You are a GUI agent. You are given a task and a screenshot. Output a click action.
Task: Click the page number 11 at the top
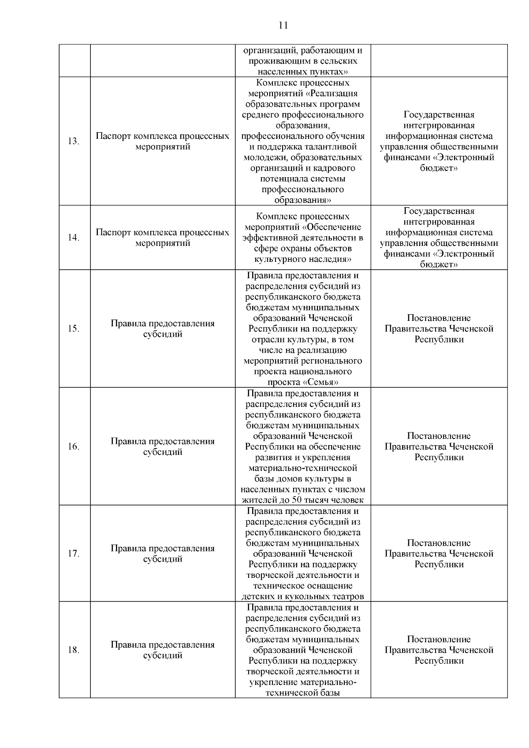283,25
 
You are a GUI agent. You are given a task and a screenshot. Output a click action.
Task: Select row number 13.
73,141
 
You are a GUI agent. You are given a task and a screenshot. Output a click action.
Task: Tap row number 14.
73,238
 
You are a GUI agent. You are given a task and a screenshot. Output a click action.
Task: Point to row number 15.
73,329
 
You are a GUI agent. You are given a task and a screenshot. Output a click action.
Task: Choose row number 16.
73,447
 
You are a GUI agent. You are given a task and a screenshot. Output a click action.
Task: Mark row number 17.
73,554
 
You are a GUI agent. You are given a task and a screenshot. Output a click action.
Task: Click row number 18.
73,650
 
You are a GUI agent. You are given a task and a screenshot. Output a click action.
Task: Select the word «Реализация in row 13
332,93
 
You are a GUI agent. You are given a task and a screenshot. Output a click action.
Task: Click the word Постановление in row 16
439,436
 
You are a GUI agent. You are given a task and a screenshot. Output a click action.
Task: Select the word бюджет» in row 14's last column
439,264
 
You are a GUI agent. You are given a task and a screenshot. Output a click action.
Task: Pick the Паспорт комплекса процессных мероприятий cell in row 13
163,141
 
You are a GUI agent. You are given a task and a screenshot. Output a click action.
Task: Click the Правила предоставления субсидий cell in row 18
163,650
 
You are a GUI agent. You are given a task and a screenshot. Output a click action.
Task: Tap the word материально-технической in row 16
303,468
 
